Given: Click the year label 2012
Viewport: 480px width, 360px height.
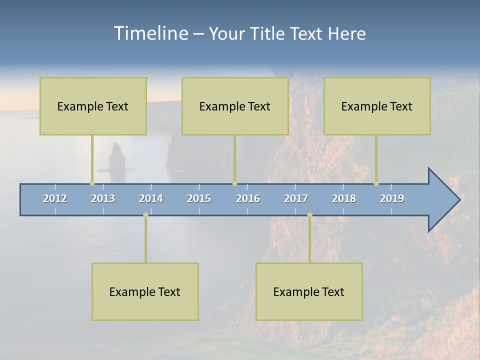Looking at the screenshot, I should (x=55, y=198).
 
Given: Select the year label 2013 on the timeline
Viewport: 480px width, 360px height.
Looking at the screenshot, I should (x=103, y=198).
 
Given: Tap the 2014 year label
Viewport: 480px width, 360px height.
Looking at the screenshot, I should (x=151, y=198).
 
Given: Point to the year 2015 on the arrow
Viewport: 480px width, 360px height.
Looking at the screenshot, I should (x=199, y=198).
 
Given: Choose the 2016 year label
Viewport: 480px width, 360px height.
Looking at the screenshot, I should (x=248, y=198).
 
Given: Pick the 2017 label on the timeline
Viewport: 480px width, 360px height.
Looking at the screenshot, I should (x=296, y=198).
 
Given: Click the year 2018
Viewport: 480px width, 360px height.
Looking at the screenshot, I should (x=344, y=198).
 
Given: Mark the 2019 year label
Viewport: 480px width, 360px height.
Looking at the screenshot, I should (x=392, y=198).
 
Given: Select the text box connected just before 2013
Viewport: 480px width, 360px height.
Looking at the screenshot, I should (x=93, y=106).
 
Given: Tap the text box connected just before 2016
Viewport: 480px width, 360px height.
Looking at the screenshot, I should (x=235, y=106).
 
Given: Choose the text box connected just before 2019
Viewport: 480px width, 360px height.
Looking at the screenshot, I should (x=377, y=106).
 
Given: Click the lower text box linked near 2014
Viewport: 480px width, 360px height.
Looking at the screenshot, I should (x=145, y=291).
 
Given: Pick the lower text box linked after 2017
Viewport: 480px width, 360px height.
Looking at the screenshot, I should (x=309, y=291).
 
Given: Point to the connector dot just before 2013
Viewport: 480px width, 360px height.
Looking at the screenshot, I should (x=92, y=183).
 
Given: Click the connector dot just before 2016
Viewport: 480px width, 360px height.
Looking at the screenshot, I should (x=234, y=183).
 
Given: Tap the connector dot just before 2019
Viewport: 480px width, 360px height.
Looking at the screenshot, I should (x=376, y=183).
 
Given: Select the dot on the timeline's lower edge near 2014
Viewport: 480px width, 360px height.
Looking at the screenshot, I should (x=145, y=214).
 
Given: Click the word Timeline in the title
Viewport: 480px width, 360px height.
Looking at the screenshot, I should (x=150, y=33).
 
